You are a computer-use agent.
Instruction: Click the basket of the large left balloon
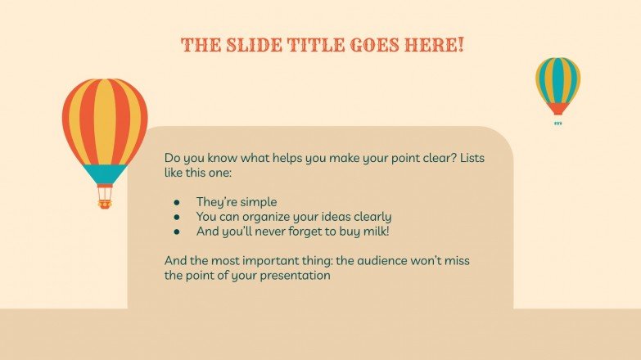pyautogui.click(x=104, y=197)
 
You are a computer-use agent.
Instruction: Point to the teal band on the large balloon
pyautogui.click(x=105, y=173)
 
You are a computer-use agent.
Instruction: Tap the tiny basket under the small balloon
pyautogui.click(x=557, y=124)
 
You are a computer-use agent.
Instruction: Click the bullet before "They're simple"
pyautogui.click(x=177, y=201)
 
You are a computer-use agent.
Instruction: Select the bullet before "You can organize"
pyautogui.click(x=177, y=217)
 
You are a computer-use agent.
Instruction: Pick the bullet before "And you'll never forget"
pyautogui.click(x=177, y=232)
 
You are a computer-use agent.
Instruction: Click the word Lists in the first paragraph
pyautogui.click(x=472, y=158)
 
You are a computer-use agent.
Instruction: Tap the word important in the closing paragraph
pyautogui.click(x=263, y=261)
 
